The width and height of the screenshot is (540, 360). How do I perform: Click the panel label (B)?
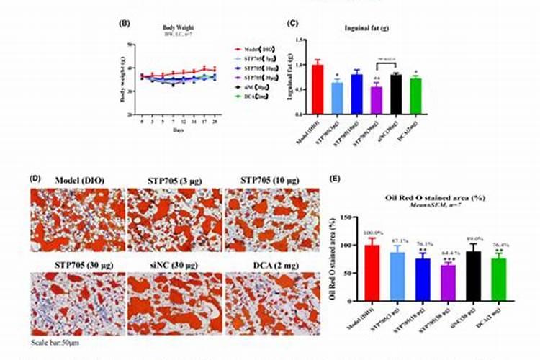123,24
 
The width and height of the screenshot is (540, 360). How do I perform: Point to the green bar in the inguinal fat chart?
415,96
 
